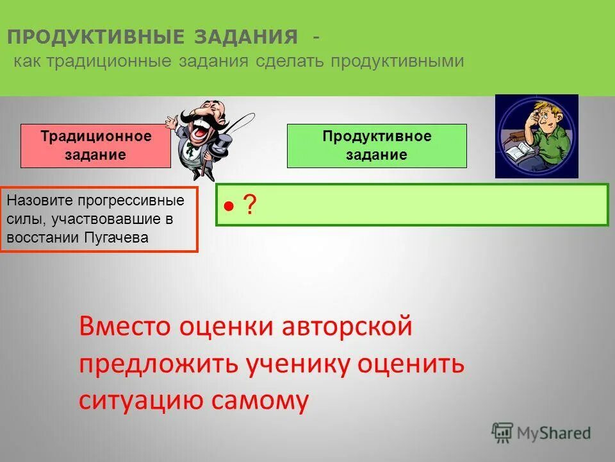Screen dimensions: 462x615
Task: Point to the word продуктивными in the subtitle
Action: pos(397,62)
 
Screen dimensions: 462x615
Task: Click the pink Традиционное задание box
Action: pos(95,146)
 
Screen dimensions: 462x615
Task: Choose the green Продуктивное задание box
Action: pos(377,146)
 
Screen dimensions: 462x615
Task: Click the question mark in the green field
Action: pos(250,205)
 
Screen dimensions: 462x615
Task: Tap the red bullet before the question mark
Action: pos(229,206)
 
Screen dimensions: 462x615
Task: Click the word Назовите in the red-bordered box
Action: pos(35,200)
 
